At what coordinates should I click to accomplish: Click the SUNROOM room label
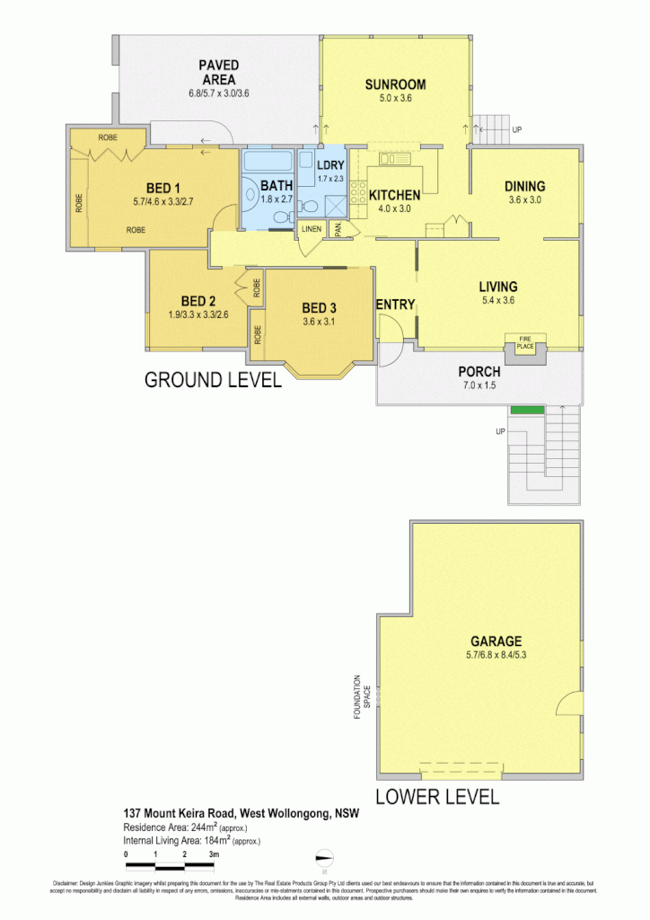click(395, 84)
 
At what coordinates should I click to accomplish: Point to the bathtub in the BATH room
click(268, 163)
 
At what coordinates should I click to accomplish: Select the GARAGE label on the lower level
click(496, 641)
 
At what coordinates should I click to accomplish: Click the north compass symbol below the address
click(326, 857)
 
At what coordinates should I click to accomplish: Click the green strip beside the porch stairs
click(527, 411)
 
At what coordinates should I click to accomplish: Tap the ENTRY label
click(395, 305)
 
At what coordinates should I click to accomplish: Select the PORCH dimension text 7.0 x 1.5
click(479, 386)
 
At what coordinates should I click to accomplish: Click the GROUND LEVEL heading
click(213, 380)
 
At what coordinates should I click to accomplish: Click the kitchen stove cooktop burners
click(357, 191)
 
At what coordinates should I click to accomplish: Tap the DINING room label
click(525, 187)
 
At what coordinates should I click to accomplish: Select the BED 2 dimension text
click(198, 315)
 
